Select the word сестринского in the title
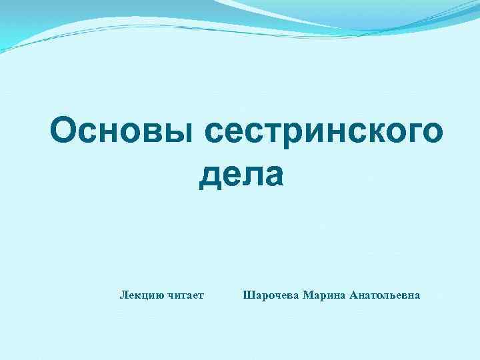(323, 131)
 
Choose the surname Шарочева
(271, 295)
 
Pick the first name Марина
(323, 295)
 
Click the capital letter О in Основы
(65, 131)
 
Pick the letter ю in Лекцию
(159, 295)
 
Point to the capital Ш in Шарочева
(249, 295)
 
